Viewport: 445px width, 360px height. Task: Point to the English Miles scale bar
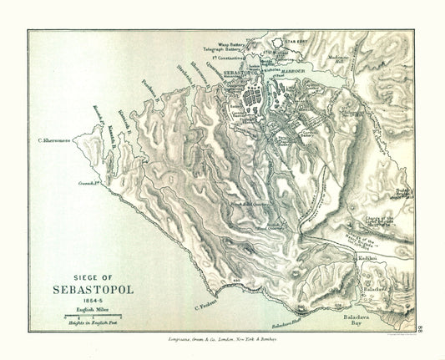[x=92, y=316]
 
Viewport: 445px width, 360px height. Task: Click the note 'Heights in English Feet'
[x=92, y=322]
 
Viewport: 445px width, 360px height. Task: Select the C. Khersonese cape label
[x=51, y=139]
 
